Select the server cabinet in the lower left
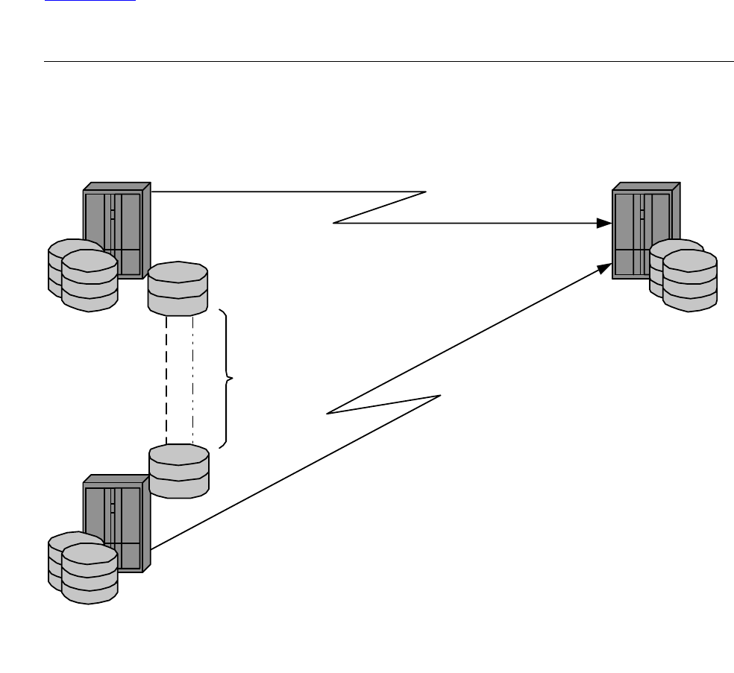click(x=119, y=514)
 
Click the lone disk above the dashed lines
click(x=178, y=288)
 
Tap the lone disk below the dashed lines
click(x=179, y=470)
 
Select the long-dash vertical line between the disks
click(x=166, y=380)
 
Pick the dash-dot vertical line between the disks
click(x=193, y=380)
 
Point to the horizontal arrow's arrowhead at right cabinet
click(x=606, y=223)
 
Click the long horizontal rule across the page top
click(x=388, y=62)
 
